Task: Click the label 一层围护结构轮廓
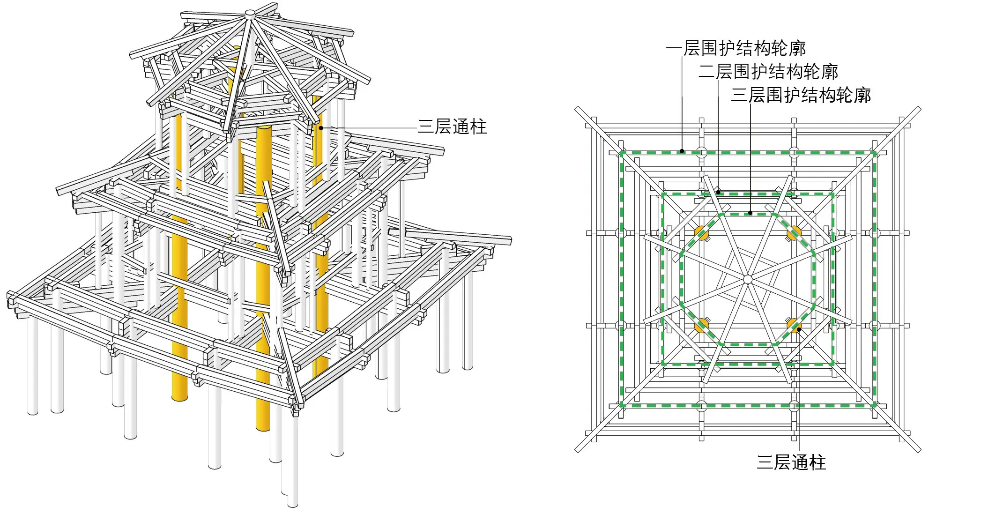tap(736, 48)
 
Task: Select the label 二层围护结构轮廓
tap(768, 72)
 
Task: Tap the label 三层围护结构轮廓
tap(801, 95)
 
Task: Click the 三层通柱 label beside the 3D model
tap(453, 127)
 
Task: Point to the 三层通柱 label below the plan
tap(791, 462)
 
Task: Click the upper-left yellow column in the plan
tap(701, 232)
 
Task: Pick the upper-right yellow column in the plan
tap(794, 232)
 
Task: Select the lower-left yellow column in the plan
tap(701, 325)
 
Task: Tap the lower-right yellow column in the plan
tap(794, 325)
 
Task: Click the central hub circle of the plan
tap(748, 279)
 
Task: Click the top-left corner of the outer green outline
tap(622, 153)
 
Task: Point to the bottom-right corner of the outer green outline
tap(874, 406)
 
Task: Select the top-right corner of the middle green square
tap(833, 194)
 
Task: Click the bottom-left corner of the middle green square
tap(662, 364)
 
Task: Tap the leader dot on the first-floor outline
tap(682, 151)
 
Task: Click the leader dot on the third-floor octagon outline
tap(751, 213)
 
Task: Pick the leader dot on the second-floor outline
tap(718, 192)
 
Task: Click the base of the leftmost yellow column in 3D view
tap(180, 397)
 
